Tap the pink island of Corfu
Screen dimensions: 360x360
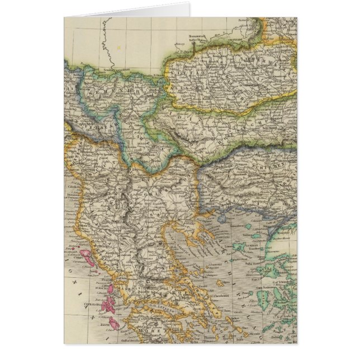[87, 258]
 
